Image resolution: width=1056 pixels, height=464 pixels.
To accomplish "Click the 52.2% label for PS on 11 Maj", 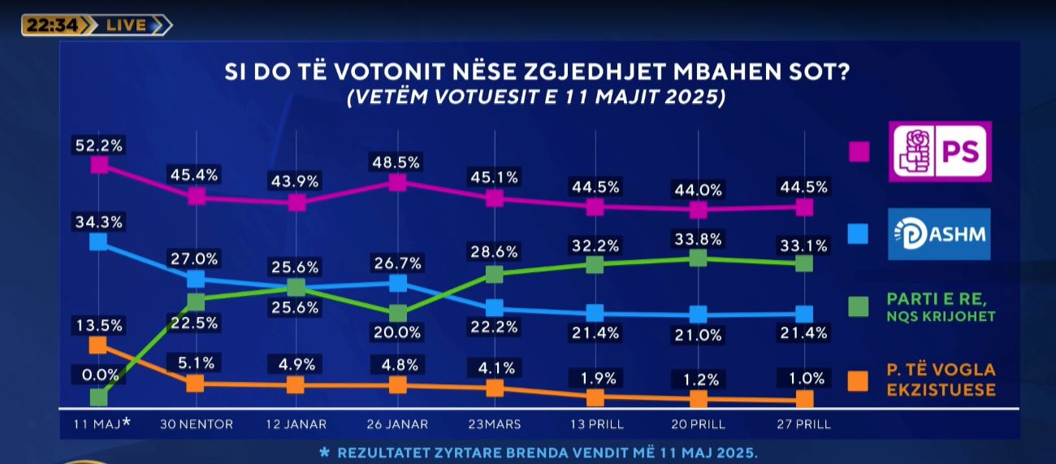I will pyautogui.click(x=99, y=145).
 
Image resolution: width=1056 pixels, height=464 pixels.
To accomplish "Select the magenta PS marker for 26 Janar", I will pyautogui.click(x=397, y=183).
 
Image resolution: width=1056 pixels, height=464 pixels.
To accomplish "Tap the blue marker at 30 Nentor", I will pyautogui.click(x=196, y=279).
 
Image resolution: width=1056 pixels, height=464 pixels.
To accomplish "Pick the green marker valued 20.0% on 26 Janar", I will pyautogui.click(x=397, y=313).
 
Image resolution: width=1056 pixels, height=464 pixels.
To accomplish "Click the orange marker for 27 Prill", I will pyautogui.click(x=804, y=398).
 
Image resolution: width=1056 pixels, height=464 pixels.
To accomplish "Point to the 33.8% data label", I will pyautogui.click(x=697, y=238).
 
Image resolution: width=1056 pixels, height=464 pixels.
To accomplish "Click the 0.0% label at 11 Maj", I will pyautogui.click(x=99, y=375).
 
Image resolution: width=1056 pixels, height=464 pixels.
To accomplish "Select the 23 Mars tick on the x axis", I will pyautogui.click(x=494, y=424).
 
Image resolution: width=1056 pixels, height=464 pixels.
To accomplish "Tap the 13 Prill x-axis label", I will pyautogui.click(x=595, y=424).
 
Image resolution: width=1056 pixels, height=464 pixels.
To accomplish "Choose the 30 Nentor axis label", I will pyautogui.click(x=196, y=424).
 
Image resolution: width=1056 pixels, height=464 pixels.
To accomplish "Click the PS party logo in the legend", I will pyautogui.click(x=940, y=151).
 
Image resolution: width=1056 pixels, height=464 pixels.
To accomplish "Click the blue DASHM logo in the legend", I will pyautogui.click(x=939, y=233).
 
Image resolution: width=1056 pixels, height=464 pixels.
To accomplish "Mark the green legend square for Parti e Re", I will pyautogui.click(x=858, y=306).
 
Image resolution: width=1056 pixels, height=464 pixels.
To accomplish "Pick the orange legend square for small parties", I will pyautogui.click(x=858, y=380).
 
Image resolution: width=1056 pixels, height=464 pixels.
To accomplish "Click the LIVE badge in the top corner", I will pyautogui.click(x=129, y=25).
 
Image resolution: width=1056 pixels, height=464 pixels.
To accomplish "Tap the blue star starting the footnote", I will pyautogui.click(x=325, y=452).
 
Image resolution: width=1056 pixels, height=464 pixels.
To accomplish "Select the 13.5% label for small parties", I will pyautogui.click(x=99, y=325).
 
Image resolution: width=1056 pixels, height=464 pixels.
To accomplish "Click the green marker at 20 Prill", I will pyautogui.click(x=697, y=258).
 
